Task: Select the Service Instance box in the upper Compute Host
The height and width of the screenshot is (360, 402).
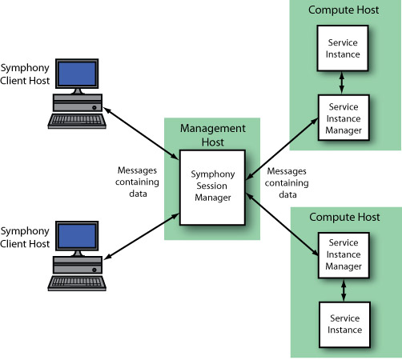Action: (343, 47)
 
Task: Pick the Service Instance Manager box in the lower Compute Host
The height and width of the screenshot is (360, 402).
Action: (343, 254)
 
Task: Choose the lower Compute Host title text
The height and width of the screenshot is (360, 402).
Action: (343, 216)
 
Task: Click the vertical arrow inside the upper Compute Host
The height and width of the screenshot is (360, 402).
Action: (343, 81)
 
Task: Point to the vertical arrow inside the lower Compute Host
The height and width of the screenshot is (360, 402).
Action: (343, 288)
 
